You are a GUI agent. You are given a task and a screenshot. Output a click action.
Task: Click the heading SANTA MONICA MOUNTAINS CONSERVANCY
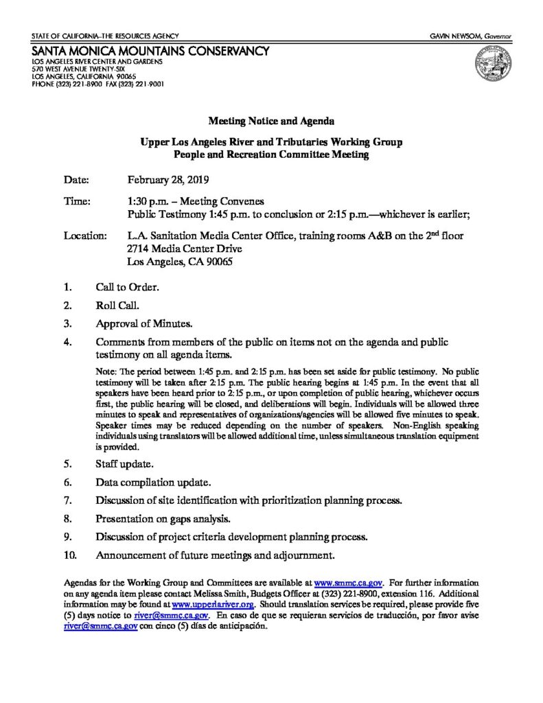point(150,51)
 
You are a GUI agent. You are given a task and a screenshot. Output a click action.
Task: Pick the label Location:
point(85,236)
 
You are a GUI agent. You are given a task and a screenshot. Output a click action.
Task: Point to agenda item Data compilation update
point(148,482)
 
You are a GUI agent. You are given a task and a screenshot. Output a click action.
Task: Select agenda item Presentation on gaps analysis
point(163,518)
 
